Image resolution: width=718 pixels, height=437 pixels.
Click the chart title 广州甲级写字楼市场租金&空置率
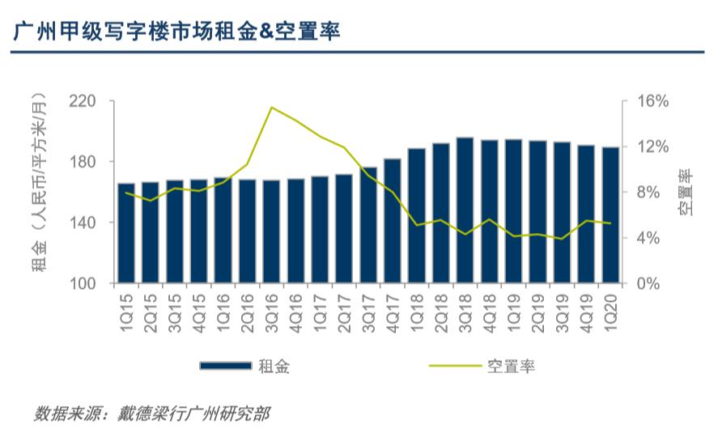[176, 32]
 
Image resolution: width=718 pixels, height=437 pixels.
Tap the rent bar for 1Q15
[126, 233]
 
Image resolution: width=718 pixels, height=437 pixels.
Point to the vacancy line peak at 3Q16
[271, 108]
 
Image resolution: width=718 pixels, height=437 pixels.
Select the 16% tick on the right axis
[653, 101]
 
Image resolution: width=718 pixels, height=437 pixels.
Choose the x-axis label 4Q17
[393, 311]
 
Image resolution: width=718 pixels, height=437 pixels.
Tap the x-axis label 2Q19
[537, 311]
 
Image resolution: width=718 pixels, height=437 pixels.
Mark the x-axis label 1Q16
[223, 311]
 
